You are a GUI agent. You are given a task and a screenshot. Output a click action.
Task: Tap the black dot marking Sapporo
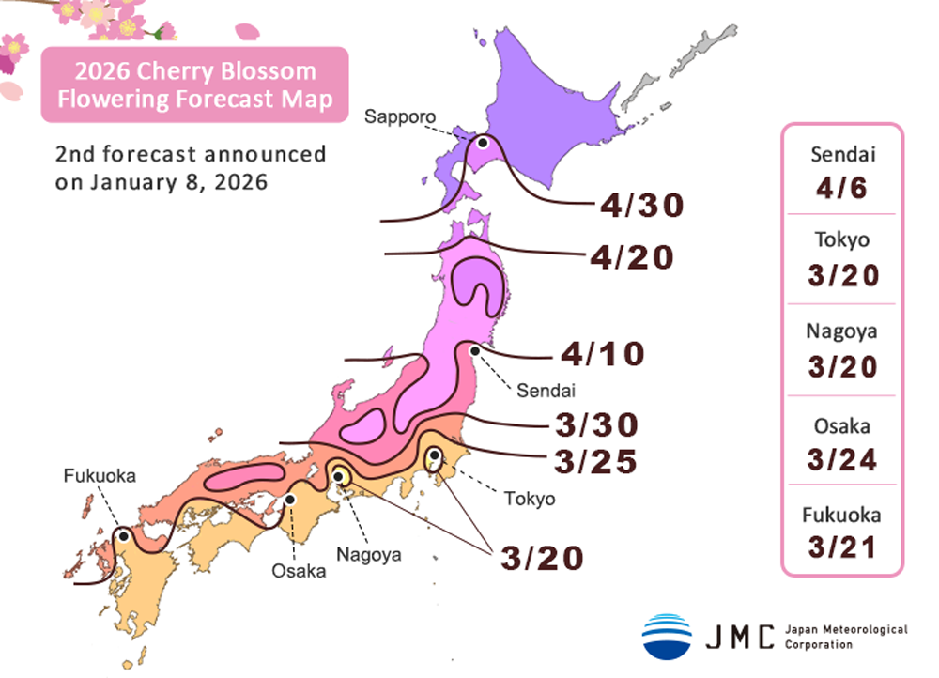[483, 143]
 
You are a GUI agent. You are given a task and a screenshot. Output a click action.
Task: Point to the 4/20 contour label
[632, 257]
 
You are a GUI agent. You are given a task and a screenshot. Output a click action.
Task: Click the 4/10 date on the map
[603, 354]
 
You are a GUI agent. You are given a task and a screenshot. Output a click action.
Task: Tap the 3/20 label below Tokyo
[542, 557]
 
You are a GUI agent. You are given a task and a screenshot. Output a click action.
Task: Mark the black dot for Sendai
[475, 351]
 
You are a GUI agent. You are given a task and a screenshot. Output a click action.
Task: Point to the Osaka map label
[299, 571]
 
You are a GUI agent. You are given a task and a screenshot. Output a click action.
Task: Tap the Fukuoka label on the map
[100, 476]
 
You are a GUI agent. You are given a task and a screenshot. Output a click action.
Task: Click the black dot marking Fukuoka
[122, 535]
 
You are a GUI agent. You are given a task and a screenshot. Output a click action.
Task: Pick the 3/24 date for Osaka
[841, 460]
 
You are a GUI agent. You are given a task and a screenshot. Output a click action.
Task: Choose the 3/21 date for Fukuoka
[841, 546]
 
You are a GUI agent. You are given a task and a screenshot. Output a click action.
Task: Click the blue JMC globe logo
[667, 635]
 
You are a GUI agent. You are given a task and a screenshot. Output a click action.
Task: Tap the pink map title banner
[194, 85]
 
